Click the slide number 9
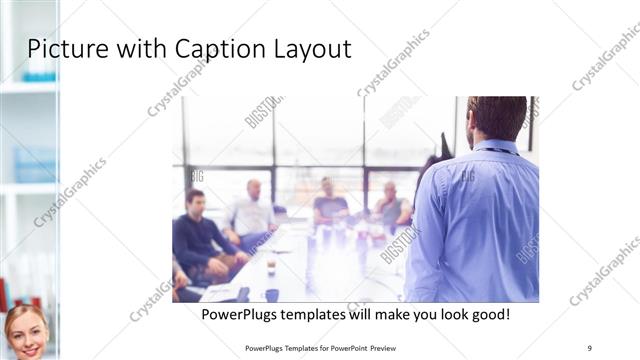(x=590, y=347)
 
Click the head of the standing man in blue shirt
(x=496, y=118)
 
